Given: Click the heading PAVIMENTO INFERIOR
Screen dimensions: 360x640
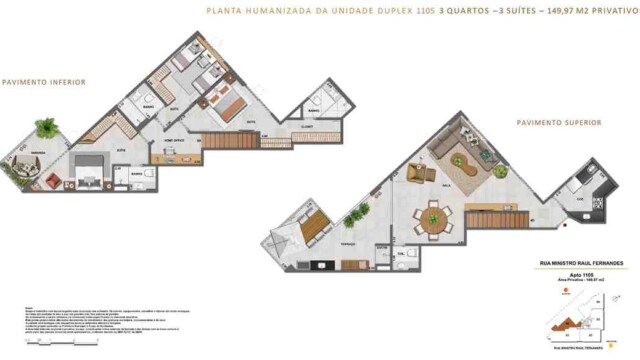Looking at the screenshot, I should (43, 82).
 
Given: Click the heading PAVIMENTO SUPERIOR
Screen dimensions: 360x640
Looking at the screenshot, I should (559, 123).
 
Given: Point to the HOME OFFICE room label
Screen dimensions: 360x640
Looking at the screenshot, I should (174, 141).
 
